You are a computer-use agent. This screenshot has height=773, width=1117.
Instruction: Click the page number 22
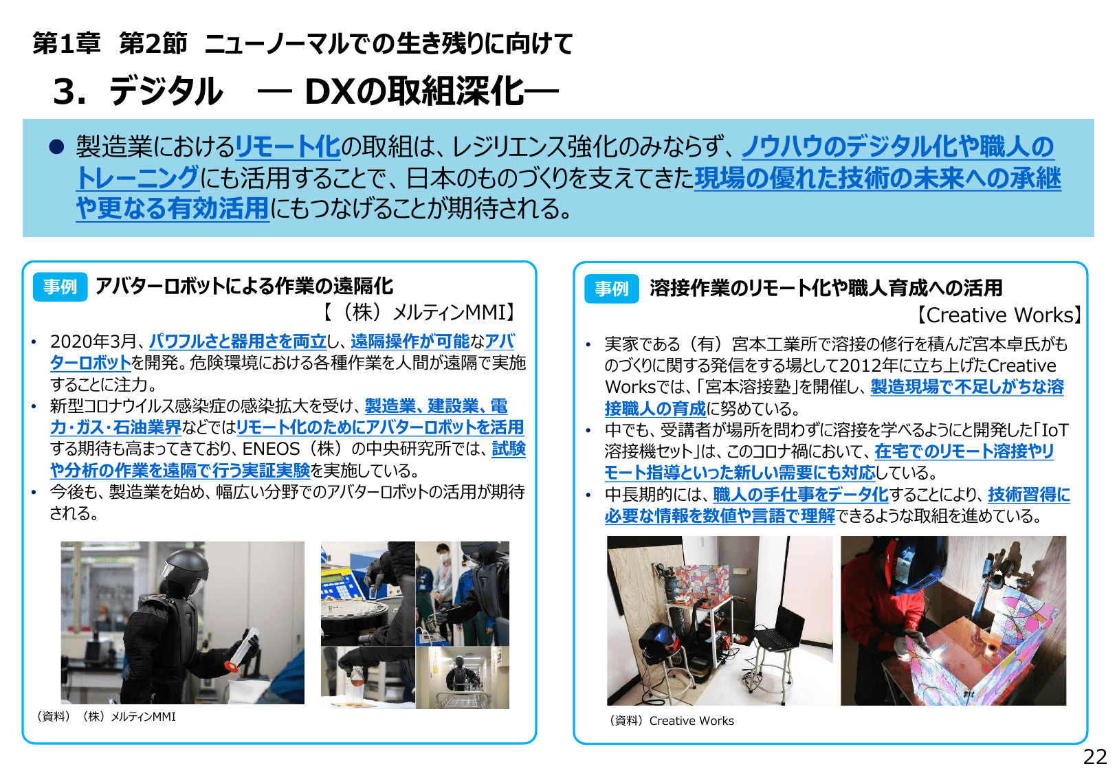[1094, 757]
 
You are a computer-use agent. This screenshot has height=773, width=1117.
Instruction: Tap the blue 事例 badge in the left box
[60, 287]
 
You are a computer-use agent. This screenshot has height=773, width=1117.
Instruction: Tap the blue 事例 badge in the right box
[611, 289]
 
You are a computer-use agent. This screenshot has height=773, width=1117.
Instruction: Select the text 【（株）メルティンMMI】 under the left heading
[419, 313]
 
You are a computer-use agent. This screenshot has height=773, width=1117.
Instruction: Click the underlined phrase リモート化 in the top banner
[288, 146]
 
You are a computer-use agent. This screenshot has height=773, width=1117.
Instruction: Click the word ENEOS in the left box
[271, 449]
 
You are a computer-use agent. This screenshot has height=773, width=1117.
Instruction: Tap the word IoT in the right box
[1055, 430]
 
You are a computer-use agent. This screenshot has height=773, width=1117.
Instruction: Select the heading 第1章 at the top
[67, 43]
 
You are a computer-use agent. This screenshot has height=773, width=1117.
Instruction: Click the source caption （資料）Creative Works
[672, 721]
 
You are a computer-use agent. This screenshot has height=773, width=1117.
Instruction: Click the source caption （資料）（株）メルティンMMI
[106, 717]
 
